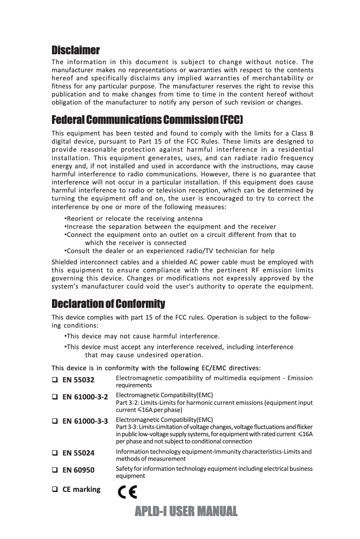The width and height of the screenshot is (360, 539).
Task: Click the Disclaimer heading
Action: (75, 49)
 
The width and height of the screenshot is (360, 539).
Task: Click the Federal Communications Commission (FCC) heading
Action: (148, 120)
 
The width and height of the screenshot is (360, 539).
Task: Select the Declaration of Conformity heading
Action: (108, 304)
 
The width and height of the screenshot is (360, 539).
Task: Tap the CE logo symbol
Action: (127, 493)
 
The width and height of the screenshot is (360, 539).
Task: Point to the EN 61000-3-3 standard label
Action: (85, 421)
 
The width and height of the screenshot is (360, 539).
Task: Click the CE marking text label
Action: (81, 489)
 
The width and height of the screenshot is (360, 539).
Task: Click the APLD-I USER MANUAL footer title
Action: (185, 511)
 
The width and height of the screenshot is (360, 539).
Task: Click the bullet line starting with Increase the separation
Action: (171, 227)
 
